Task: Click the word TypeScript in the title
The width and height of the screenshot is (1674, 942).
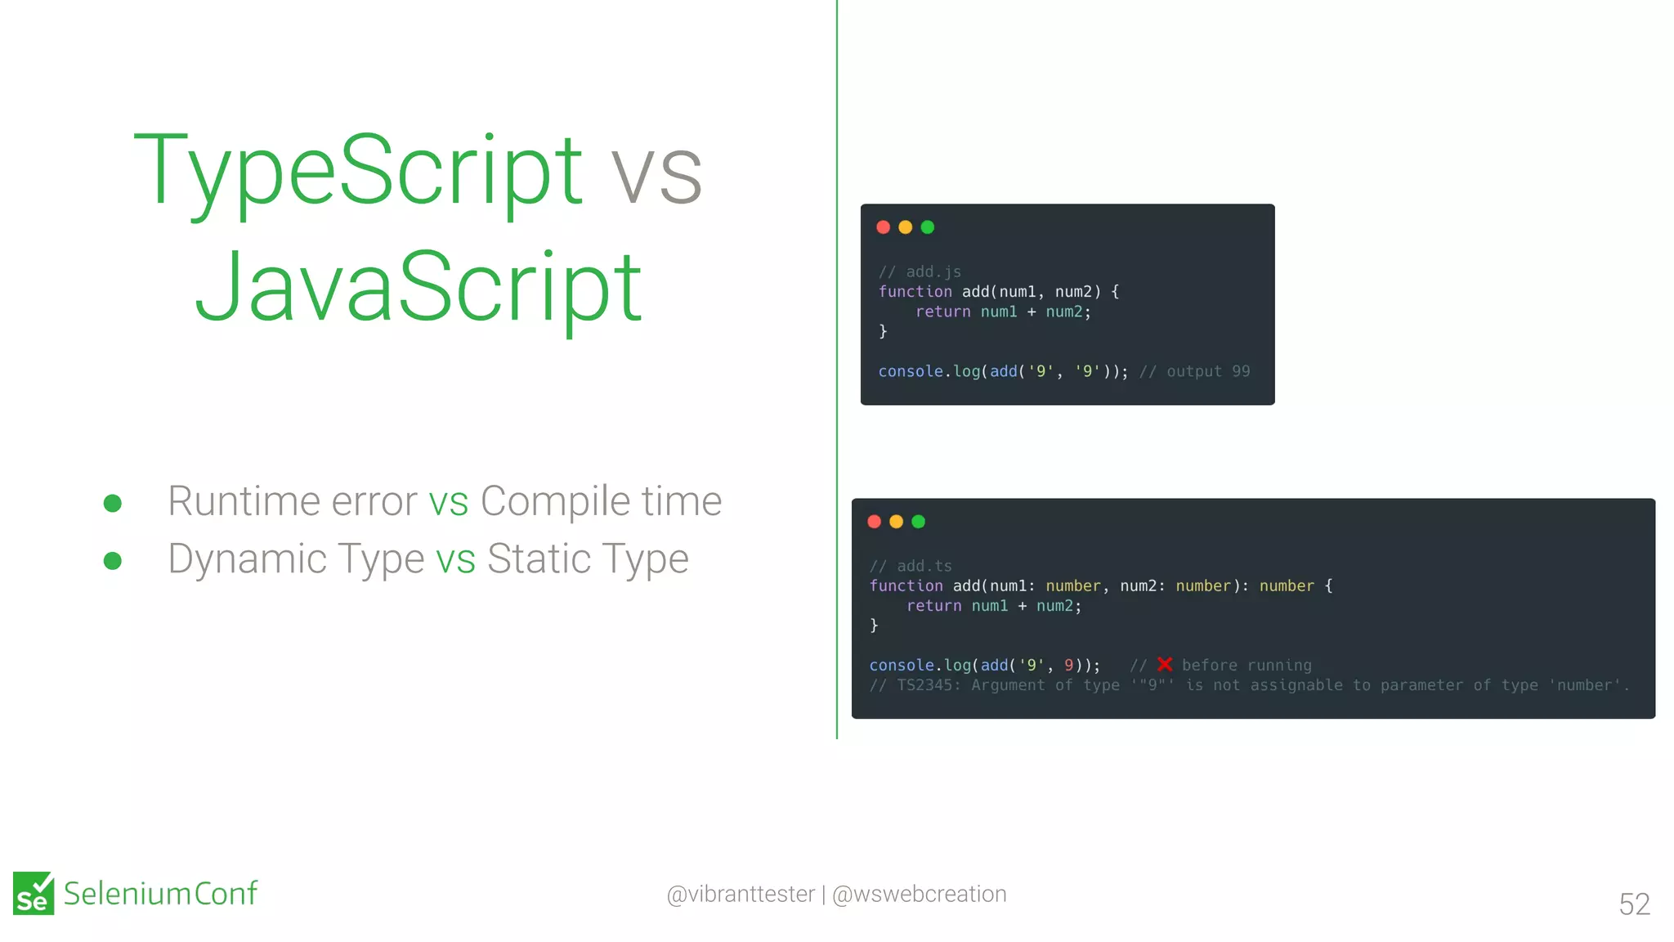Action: [x=358, y=172]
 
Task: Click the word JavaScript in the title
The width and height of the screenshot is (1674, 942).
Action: [x=418, y=288]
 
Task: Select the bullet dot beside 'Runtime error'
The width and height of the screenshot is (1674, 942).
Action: [x=113, y=503]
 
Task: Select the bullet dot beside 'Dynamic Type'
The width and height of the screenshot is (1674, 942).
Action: [x=113, y=561]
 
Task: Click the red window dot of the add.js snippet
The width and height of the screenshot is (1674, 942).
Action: [x=883, y=227]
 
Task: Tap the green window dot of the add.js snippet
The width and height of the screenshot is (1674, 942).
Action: [x=928, y=227]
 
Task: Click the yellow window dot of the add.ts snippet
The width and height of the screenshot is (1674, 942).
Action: [x=896, y=522]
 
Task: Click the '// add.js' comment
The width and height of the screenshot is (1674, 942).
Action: [x=920, y=271]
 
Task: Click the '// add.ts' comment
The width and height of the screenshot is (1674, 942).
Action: [x=911, y=566]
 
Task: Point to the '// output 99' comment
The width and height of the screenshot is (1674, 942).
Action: [x=1194, y=371]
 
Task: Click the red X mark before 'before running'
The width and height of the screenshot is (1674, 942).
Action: [x=1165, y=665]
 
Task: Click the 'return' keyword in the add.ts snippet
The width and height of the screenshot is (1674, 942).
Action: [x=933, y=606]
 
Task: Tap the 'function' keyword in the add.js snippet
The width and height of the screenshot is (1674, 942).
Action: [x=915, y=292]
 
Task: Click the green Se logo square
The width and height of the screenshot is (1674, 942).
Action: [x=34, y=893]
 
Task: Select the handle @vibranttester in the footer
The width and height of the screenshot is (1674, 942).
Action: [x=741, y=894]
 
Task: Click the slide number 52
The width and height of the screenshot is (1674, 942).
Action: [x=1634, y=904]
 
